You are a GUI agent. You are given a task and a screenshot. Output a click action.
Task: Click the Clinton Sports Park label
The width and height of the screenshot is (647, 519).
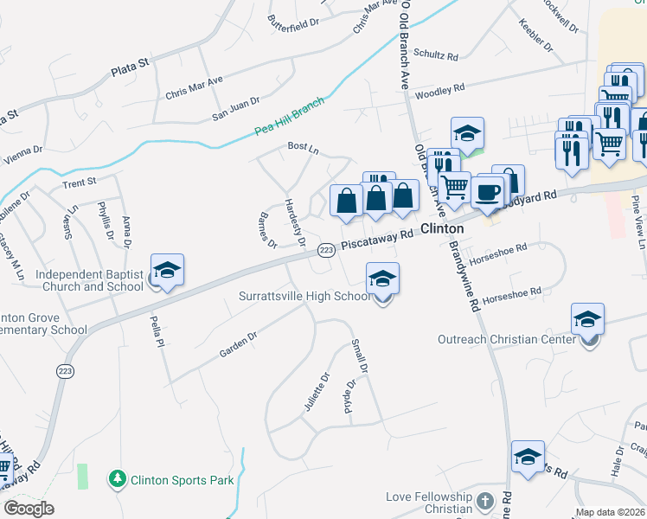(x=182, y=478)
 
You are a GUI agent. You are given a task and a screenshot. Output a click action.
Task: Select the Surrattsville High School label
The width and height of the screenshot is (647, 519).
(x=304, y=297)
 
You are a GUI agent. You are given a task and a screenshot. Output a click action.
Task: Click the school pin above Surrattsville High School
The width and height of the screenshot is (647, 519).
(x=382, y=279)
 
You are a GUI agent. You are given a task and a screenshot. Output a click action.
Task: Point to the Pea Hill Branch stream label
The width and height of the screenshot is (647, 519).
(x=289, y=119)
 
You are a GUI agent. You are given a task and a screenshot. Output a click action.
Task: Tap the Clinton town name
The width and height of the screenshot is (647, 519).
(x=442, y=228)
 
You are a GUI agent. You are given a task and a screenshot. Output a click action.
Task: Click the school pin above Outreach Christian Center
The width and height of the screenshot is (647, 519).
(x=588, y=319)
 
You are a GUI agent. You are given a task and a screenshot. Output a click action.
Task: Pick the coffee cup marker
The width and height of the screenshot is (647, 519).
(x=487, y=190)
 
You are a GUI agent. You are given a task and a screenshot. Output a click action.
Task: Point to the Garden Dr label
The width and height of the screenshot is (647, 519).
(x=238, y=344)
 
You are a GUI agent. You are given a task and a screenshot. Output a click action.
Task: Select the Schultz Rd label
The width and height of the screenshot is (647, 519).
(x=435, y=55)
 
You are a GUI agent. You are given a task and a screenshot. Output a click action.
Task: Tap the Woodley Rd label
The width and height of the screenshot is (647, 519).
(x=440, y=90)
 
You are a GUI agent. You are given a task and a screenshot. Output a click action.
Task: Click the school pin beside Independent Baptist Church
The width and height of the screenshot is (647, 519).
(x=167, y=271)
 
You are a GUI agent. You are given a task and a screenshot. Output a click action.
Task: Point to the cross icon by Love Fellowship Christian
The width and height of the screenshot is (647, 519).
(x=485, y=502)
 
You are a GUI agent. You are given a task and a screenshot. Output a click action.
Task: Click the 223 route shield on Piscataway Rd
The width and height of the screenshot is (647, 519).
(x=325, y=250)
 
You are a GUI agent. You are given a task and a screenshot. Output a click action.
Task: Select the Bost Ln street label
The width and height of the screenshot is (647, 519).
(x=303, y=148)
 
